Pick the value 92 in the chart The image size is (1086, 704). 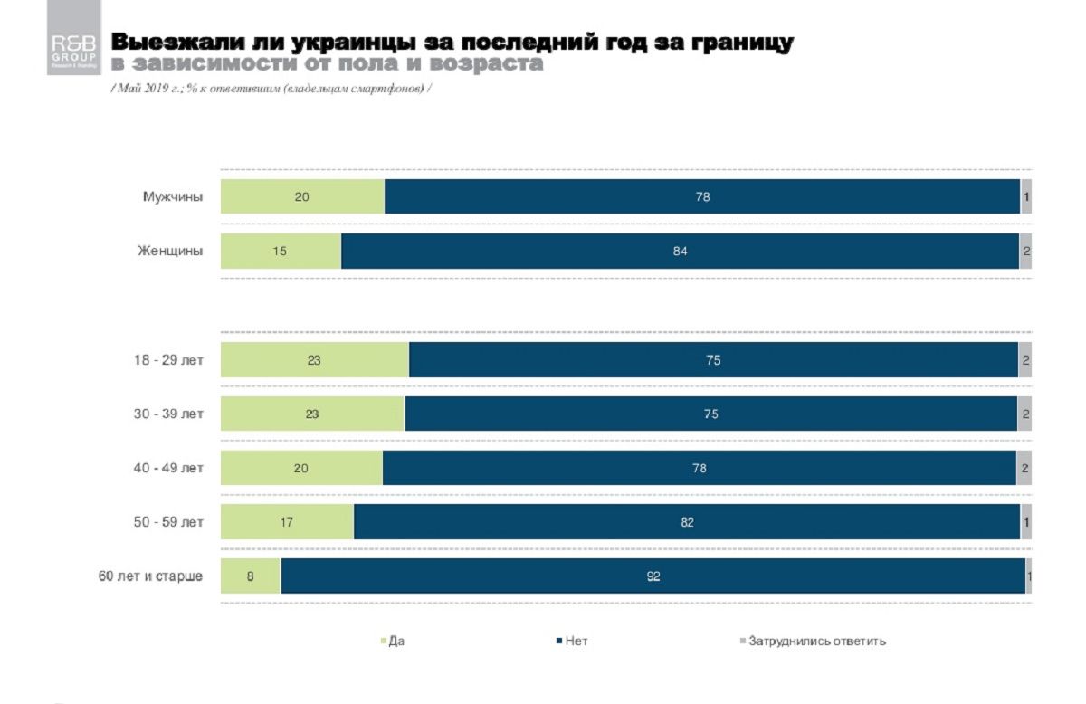[x=653, y=576]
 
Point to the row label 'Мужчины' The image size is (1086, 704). [x=173, y=196]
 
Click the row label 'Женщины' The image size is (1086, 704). [x=171, y=251]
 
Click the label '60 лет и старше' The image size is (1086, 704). [x=151, y=576]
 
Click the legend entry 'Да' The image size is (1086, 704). [x=395, y=642]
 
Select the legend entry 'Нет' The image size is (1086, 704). [x=576, y=642]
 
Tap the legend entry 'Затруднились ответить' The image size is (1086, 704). [x=816, y=642]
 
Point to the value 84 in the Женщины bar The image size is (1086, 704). [x=681, y=251]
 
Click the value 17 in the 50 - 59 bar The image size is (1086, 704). [x=287, y=522]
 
